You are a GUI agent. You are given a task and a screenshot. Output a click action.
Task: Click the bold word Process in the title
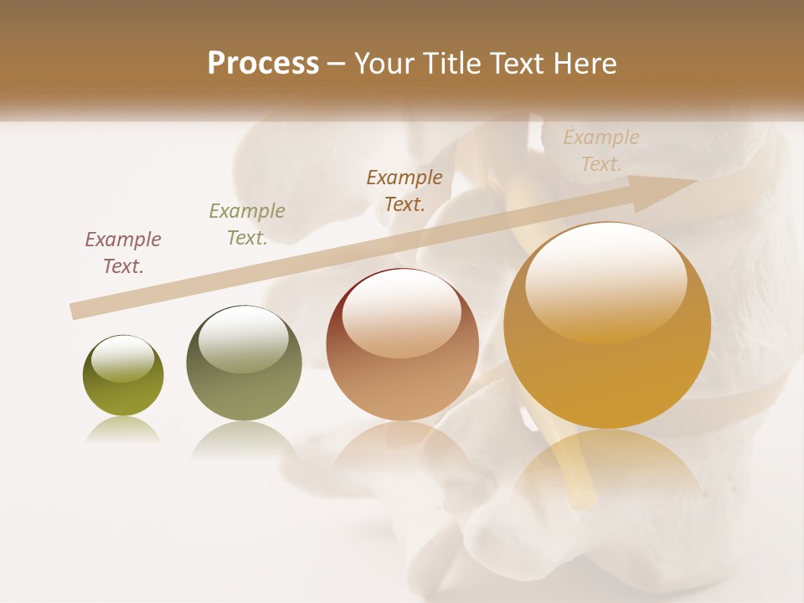point(263,64)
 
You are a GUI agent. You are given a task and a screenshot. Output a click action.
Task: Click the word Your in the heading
point(384,64)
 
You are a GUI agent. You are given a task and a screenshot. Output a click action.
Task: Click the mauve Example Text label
point(123,253)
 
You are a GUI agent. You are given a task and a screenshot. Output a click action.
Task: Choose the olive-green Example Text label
point(247,224)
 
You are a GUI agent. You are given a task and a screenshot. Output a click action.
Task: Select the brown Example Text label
point(405,191)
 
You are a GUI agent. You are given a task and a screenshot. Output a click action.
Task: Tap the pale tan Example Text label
point(601,151)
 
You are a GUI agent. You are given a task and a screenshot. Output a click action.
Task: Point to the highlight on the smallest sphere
point(123,358)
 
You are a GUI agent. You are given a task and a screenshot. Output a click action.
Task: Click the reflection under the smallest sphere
point(123,430)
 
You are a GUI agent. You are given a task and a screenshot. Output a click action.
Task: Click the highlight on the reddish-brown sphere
point(401,313)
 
